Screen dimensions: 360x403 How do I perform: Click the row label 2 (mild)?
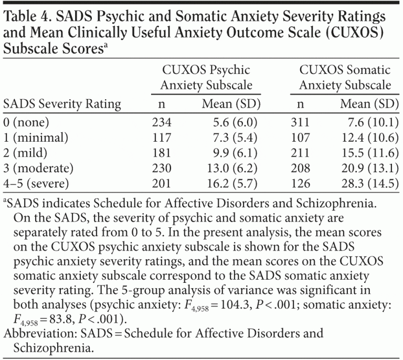pyautogui.click(x=27, y=153)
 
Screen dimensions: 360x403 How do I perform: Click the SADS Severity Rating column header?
pyautogui.click(x=62, y=104)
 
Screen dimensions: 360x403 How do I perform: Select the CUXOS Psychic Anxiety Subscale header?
pyautogui.click(x=206, y=77)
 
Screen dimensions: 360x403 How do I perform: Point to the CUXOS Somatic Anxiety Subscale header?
pyautogui.click(x=345, y=77)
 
